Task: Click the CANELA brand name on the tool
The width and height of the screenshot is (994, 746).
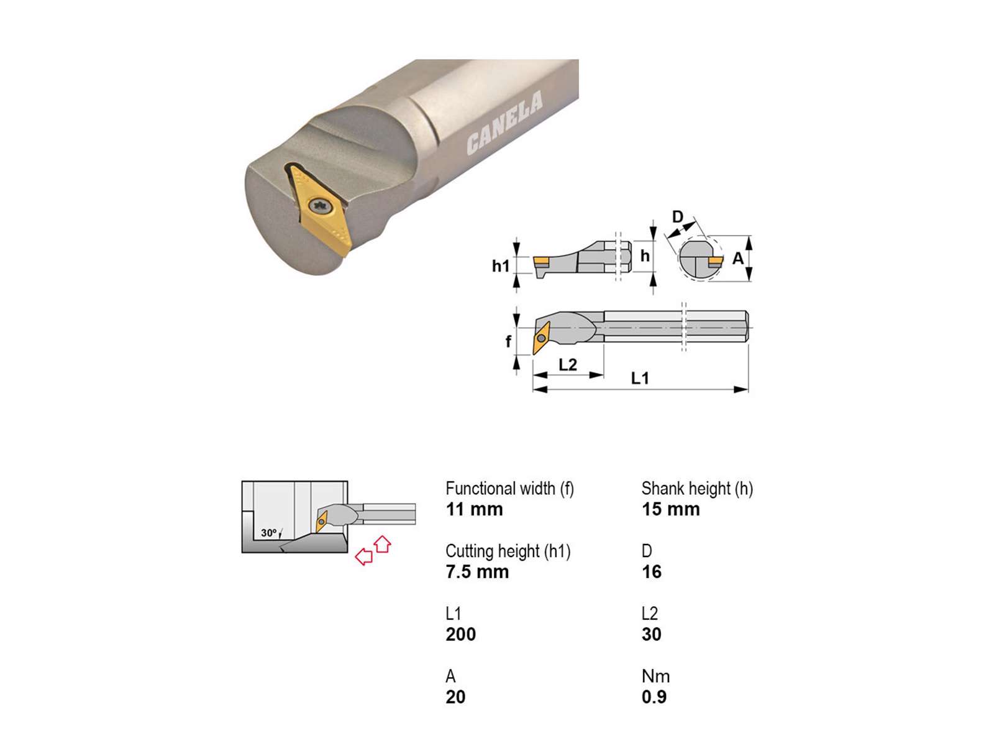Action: pyautogui.click(x=504, y=122)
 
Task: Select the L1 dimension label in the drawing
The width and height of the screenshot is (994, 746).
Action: pyautogui.click(x=640, y=378)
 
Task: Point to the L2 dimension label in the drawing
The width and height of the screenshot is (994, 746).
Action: pyautogui.click(x=567, y=364)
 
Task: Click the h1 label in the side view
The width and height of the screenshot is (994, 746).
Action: pyautogui.click(x=501, y=266)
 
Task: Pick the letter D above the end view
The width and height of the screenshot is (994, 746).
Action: pyautogui.click(x=677, y=217)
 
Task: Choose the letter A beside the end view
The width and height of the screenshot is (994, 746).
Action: pyautogui.click(x=737, y=259)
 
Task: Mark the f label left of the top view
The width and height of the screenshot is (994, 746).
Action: pyautogui.click(x=509, y=341)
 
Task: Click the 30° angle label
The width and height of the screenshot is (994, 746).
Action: pyautogui.click(x=268, y=533)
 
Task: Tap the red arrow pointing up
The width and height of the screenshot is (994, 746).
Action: pyautogui.click(x=383, y=544)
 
